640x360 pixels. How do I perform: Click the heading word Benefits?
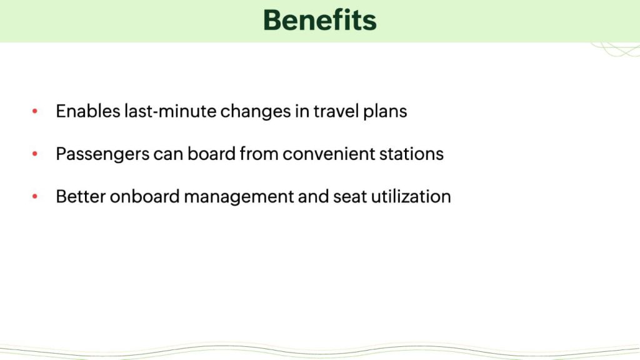point(319,20)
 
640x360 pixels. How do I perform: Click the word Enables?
point(87,111)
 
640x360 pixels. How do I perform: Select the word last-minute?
point(170,111)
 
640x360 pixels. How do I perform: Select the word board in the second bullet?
point(211,154)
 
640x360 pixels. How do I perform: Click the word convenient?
point(329,154)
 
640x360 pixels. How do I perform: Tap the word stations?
point(411,154)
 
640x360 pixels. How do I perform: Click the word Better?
point(81,196)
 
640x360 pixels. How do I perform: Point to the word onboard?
point(145,196)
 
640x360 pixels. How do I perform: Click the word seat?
point(350,197)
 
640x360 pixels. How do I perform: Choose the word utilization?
point(411,196)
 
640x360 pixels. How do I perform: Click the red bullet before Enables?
point(35,111)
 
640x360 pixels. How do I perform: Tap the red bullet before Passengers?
point(35,154)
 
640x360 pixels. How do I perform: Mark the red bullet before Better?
point(35,196)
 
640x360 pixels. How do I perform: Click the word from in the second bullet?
point(259,154)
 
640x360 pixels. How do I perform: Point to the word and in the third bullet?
point(314,196)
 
